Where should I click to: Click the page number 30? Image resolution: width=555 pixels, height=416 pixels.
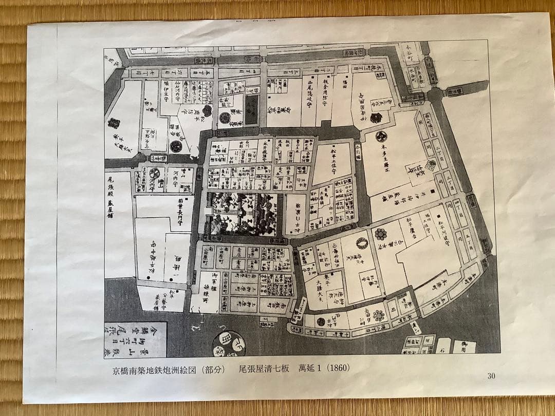(x=491, y=376)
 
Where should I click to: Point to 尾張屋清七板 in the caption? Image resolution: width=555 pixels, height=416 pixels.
(x=261, y=369)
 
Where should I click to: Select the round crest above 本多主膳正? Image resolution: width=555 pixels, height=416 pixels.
(x=381, y=136)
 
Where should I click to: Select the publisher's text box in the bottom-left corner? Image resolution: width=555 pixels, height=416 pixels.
(x=135, y=339)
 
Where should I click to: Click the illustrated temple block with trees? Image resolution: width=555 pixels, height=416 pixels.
(x=242, y=214)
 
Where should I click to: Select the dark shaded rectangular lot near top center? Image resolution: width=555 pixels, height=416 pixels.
(x=251, y=109)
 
